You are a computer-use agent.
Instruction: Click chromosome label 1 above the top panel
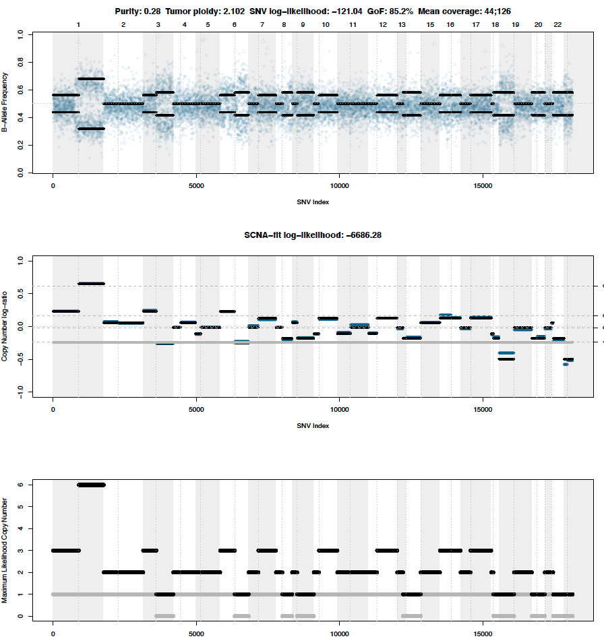pyautogui.click(x=78, y=25)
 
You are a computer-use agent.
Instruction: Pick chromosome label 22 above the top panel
pyautogui.click(x=557, y=25)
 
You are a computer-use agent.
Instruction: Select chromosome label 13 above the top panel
pyautogui.click(x=402, y=25)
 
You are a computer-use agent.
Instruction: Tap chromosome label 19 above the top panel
pyautogui.click(x=515, y=25)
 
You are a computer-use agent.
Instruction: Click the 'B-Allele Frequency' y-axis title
pyautogui.click(x=5, y=102)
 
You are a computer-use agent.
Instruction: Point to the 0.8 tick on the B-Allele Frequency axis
pyautogui.click(x=20, y=63)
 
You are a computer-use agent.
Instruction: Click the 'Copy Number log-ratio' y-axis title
pyautogui.click(x=5, y=326)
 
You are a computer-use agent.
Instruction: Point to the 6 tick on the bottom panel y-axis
pyautogui.click(x=22, y=485)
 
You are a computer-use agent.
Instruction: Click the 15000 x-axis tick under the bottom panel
pyautogui.click(x=483, y=634)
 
